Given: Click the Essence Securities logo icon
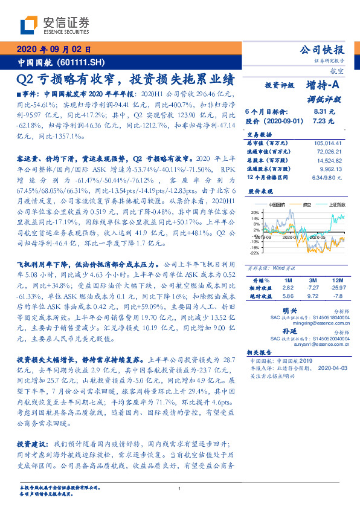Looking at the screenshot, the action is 30,25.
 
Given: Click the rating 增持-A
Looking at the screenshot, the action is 323,86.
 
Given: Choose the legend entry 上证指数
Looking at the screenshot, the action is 336,205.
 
